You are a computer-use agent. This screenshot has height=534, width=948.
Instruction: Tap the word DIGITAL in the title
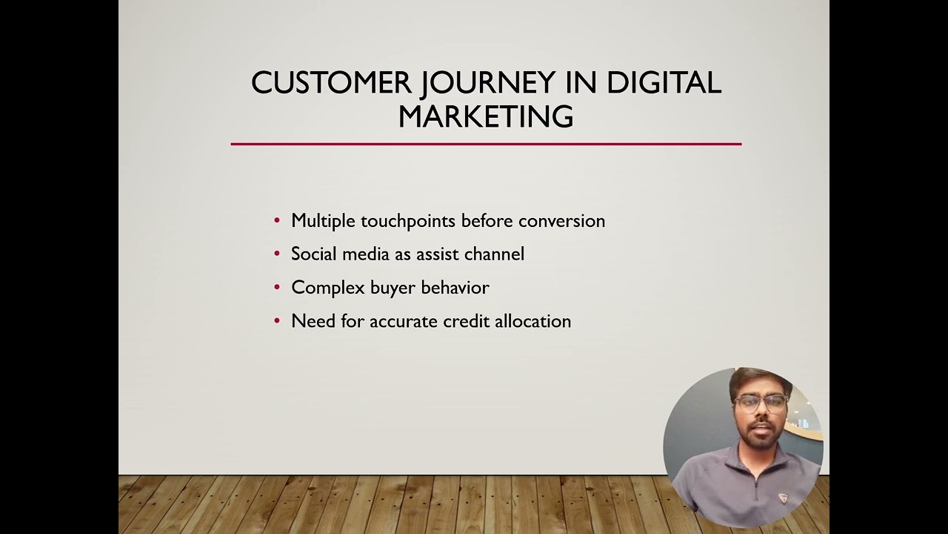tap(664, 83)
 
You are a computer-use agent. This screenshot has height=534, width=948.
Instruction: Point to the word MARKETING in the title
tap(486, 117)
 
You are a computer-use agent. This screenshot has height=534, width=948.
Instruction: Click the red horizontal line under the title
tap(486, 144)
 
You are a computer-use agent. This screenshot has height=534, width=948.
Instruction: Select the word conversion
tap(561, 221)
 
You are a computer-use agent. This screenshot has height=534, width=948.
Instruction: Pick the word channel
tap(494, 254)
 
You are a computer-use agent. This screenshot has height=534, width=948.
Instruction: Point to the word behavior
tap(455, 288)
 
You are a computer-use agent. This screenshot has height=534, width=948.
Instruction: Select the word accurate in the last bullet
tap(404, 321)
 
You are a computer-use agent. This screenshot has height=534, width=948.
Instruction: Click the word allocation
tap(533, 321)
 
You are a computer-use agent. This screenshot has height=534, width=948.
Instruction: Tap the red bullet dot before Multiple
tap(277, 221)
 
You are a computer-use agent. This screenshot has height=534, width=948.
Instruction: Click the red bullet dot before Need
tap(277, 321)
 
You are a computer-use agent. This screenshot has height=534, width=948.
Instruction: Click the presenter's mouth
tap(758, 433)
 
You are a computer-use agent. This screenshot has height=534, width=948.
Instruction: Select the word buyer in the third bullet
tap(390, 288)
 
